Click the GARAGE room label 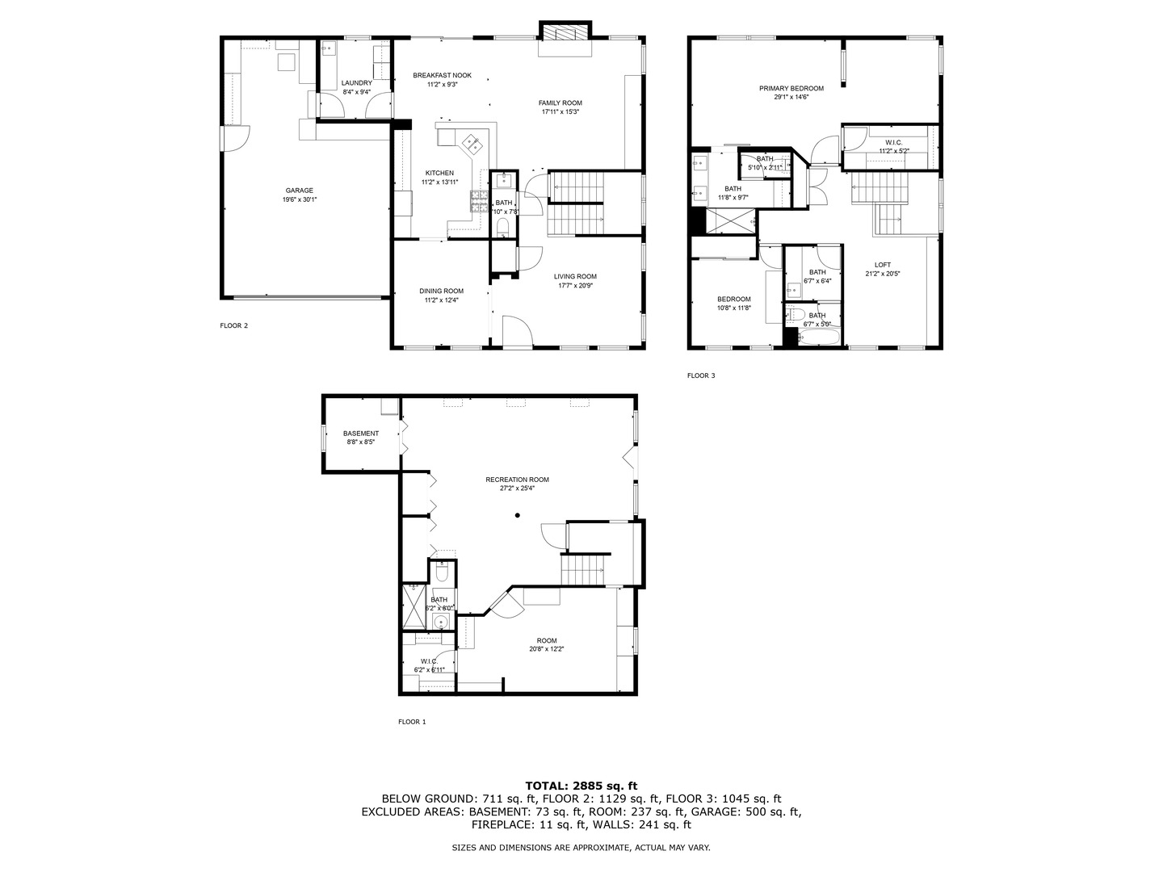(299, 191)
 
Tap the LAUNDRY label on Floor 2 (357, 83)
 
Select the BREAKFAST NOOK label (442, 75)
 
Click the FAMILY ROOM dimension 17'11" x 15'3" (561, 112)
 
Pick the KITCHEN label (440, 173)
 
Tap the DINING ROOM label (441, 291)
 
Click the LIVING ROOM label (575, 276)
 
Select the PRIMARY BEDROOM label (791, 88)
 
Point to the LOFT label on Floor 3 (883, 265)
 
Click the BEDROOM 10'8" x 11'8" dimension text (734, 308)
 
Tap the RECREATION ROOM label (517, 480)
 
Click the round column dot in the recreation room (518, 515)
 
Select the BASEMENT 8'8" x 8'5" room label (360, 434)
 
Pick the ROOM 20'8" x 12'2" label (547, 641)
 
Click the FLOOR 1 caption (412, 722)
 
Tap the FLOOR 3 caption (701, 375)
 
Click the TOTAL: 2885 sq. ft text (581, 785)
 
